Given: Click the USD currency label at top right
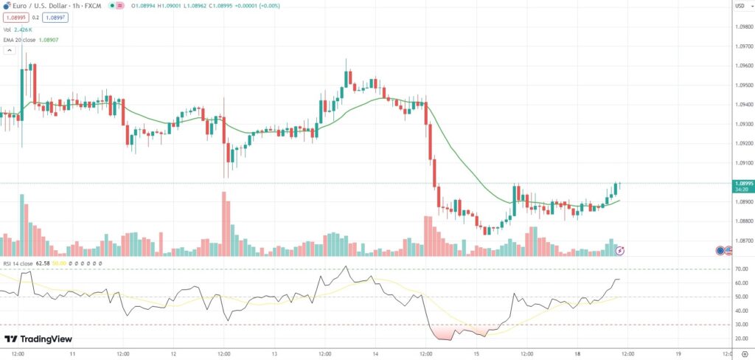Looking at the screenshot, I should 740,7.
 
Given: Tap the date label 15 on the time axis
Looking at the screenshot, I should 476,353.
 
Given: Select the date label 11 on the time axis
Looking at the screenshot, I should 72,353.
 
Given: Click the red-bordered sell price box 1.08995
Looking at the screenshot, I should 16,17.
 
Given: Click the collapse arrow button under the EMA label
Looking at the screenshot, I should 10,50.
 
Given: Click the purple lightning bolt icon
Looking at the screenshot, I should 620,251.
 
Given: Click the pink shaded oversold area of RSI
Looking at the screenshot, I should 453,331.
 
